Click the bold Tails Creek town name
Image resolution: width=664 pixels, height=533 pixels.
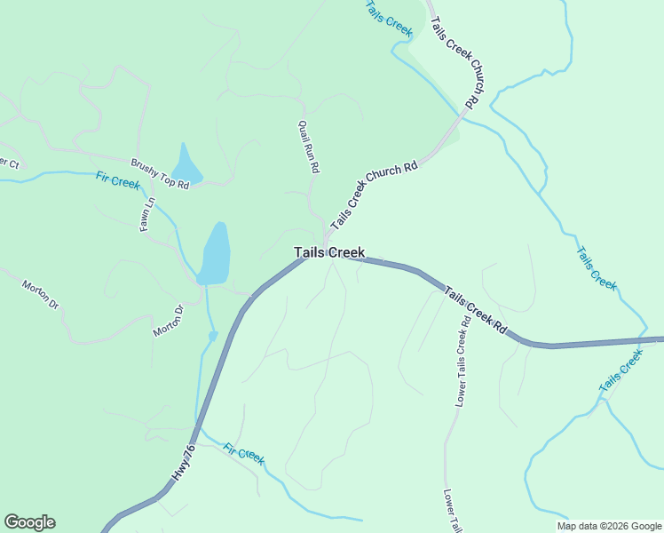point(329,253)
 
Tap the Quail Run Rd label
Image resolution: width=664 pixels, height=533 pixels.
point(309,146)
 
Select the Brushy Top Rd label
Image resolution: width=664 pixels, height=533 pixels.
point(161,175)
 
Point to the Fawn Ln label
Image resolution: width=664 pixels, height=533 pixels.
point(146,214)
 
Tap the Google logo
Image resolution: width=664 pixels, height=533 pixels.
point(30,522)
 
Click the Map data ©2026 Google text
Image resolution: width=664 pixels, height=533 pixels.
point(608,526)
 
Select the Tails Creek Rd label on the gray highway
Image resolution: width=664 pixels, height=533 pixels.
point(475,310)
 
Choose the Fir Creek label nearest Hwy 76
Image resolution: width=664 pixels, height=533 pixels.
point(243,454)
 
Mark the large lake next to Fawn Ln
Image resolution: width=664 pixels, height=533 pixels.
point(216,254)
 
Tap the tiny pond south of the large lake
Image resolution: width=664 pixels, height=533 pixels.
point(212,336)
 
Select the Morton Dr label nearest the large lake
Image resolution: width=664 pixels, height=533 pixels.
point(168,322)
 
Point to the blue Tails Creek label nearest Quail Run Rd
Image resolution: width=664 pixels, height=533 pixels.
point(390,20)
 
